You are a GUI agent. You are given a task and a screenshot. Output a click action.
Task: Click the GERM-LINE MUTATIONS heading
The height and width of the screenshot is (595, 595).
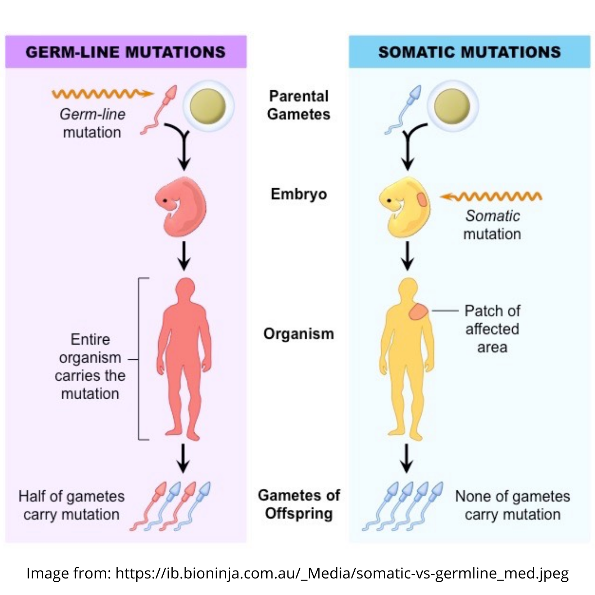pyautogui.click(x=126, y=52)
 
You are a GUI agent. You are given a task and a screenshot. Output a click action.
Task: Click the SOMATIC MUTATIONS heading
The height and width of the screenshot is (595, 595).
pyautogui.click(x=469, y=52)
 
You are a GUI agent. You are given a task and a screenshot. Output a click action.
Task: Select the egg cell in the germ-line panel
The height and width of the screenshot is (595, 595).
pyautogui.click(x=208, y=106)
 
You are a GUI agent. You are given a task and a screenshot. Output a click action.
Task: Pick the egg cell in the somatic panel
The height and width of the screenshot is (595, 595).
pyautogui.click(x=452, y=106)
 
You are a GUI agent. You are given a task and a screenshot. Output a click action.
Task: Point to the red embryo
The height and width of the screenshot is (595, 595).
pyautogui.click(x=182, y=206)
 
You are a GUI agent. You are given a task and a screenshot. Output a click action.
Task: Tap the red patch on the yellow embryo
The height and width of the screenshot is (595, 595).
pyautogui.click(x=422, y=199)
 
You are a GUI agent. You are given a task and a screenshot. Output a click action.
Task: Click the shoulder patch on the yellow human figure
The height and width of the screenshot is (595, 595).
pyautogui.click(x=418, y=312)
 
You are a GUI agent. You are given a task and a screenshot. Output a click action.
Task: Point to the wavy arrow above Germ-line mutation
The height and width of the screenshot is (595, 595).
pyautogui.click(x=103, y=94)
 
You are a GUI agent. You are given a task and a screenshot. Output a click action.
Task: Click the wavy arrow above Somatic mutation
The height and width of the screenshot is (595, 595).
pyautogui.click(x=491, y=196)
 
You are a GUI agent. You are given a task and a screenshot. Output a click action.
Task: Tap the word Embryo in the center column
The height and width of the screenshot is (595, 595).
pyautogui.click(x=299, y=194)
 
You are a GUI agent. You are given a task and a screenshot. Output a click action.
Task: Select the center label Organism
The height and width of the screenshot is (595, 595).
pyautogui.click(x=299, y=334)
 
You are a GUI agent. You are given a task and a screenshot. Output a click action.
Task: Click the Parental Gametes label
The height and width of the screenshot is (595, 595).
pyautogui.click(x=299, y=105)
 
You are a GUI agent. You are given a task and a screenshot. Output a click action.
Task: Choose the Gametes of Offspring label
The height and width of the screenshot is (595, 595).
pyautogui.click(x=299, y=504)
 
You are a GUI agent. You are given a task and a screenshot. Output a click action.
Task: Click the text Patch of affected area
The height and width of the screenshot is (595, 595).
pyautogui.click(x=492, y=329)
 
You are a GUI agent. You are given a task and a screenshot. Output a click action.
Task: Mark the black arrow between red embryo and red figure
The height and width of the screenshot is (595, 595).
pyautogui.click(x=184, y=256)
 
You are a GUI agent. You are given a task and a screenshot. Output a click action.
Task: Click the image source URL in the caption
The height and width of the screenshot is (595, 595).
pyautogui.click(x=342, y=573)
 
